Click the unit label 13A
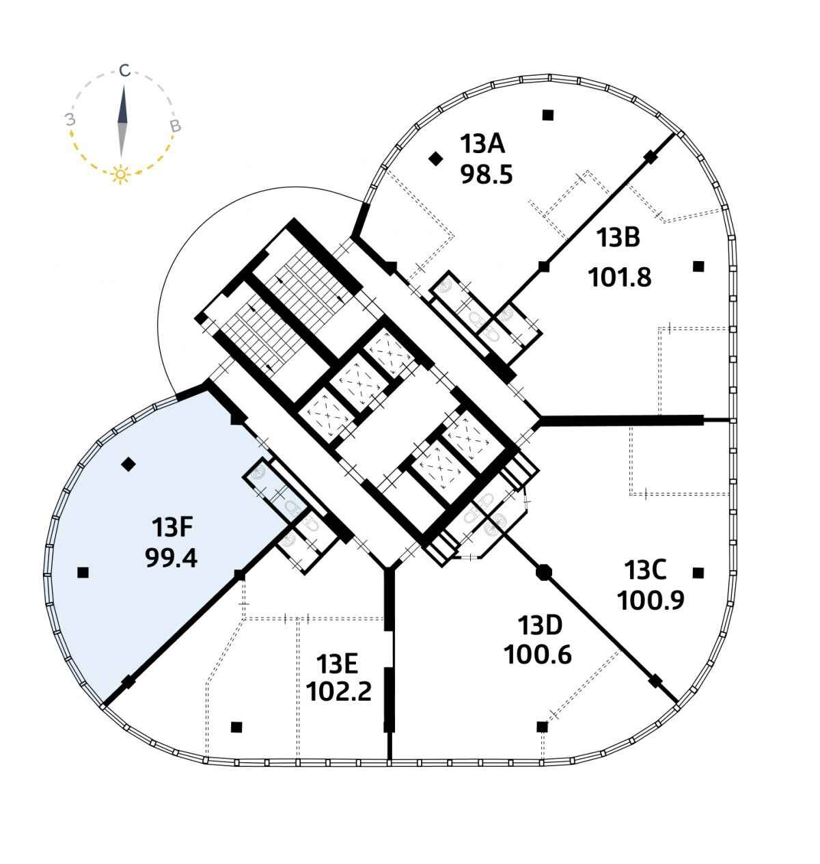[482, 144]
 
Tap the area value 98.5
[487, 174]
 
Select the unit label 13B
[618, 238]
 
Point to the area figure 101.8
[620, 278]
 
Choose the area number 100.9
[651, 600]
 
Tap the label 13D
[540, 625]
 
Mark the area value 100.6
[537, 655]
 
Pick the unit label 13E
[337, 664]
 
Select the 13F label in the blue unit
[172, 528]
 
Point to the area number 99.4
[171, 558]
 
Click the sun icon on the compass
[121, 174]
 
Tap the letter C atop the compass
[125, 70]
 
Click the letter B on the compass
[176, 126]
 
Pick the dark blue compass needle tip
[124, 86]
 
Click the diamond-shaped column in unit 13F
[128, 464]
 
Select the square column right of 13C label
[698, 573]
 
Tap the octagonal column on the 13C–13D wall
[543, 572]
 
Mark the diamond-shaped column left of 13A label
[435, 159]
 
